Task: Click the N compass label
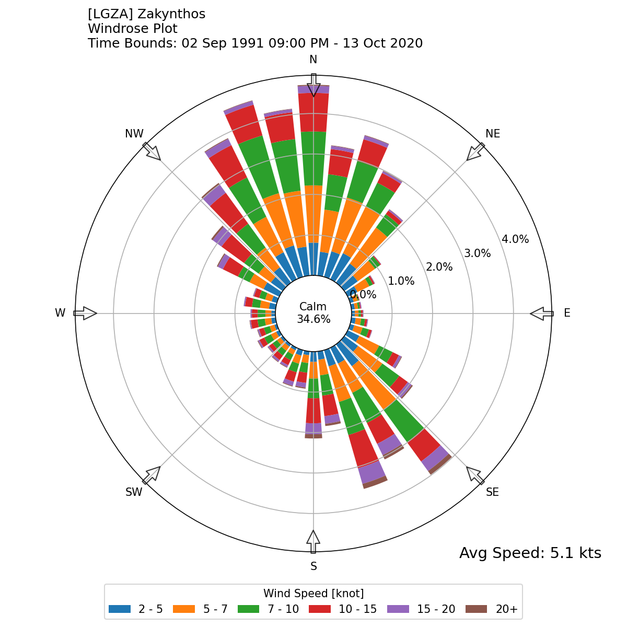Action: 313,60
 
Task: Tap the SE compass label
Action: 492,492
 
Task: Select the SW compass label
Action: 134,492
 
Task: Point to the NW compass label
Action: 134,134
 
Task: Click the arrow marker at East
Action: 542,313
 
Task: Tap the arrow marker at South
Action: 313,542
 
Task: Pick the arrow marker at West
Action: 85,313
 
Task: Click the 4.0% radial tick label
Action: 515,239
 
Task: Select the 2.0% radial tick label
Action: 439,267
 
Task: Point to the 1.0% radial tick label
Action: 401,281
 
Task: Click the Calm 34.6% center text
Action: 313,313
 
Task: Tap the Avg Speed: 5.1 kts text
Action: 530,553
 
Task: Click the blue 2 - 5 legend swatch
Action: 120,609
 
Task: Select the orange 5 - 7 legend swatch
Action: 184,609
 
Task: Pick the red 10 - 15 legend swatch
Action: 320,609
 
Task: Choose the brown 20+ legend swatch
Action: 475,609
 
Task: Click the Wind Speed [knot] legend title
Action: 313,594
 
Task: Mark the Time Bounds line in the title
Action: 255,43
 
